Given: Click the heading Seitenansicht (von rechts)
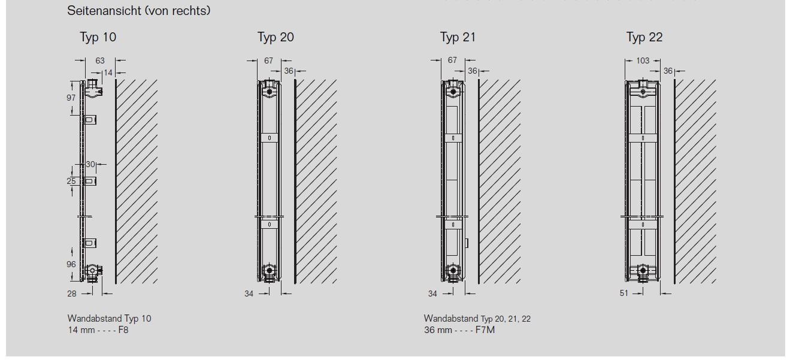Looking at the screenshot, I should [x=138, y=11].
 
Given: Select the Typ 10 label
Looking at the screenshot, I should [x=98, y=37].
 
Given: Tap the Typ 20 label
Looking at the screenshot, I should [x=276, y=37].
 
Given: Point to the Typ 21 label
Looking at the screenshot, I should [x=458, y=37].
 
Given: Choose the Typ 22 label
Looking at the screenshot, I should [x=644, y=37].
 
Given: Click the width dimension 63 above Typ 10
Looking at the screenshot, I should [x=100, y=60].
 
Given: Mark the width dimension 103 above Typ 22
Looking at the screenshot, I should [x=643, y=60].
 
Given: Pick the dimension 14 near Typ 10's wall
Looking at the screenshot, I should [x=108, y=72].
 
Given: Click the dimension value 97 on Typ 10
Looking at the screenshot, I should [x=71, y=98].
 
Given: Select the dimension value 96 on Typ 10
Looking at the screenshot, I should [x=71, y=264].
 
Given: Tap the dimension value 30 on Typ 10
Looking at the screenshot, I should [x=90, y=164].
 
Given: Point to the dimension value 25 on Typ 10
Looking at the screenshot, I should [x=71, y=181].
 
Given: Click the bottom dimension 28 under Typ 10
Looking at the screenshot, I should [x=72, y=294].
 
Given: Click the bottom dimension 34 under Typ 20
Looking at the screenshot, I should [x=249, y=294].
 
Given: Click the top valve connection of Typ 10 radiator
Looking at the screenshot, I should [x=92, y=89].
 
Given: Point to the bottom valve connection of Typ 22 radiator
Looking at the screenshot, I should [x=643, y=272].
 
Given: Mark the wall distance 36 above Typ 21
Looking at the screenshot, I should [x=473, y=71].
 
